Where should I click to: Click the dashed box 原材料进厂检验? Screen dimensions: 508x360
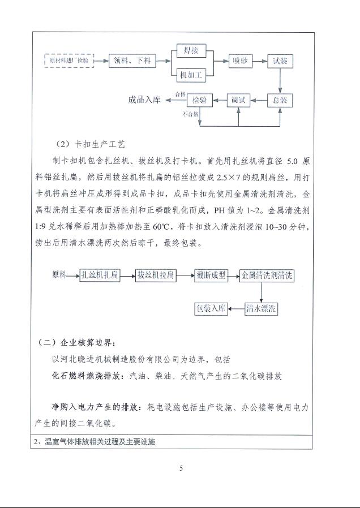pos(69,59)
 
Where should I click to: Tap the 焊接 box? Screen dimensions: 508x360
pos(190,50)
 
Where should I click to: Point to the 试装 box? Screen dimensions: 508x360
pos(284,60)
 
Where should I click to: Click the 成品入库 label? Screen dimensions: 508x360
pos(145,100)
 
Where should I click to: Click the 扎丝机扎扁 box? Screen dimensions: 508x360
pos(99,275)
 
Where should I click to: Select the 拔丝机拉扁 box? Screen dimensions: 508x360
pos(156,275)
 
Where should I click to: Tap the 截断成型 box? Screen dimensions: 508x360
pos(211,275)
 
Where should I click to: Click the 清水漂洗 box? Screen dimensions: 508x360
pos(262,309)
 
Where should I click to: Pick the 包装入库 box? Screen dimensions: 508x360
pos(211,309)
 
